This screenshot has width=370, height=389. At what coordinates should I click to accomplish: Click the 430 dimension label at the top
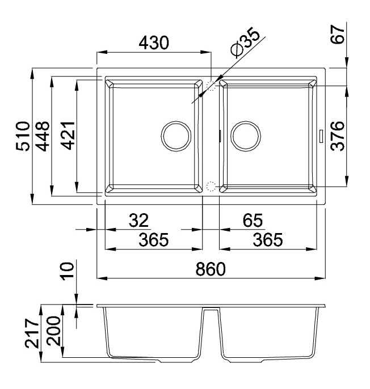coord(153,44)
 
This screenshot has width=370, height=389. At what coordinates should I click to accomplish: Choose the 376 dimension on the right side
coord(338,136)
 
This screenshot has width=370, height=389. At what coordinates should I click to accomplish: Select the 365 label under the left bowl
coord(153,240)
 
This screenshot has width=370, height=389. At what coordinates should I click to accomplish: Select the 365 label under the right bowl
coord(267,240)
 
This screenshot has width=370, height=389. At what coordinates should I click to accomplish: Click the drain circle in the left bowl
coord(177,136)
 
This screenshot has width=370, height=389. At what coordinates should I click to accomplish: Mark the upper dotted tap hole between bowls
coord(212,86)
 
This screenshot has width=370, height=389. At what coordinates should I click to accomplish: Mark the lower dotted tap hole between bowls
coord(212,186)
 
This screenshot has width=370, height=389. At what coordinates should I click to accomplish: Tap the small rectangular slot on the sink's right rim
coord(321,136)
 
